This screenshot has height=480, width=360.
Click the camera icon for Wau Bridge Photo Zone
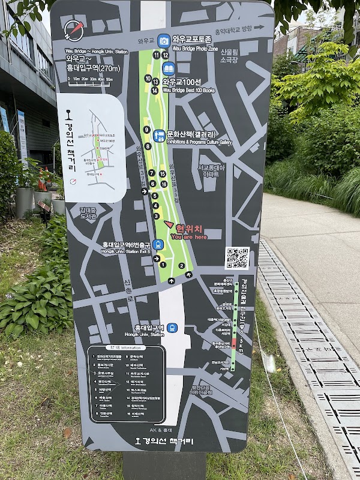[164, 40]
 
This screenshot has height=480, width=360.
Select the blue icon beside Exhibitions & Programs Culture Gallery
[159, 135]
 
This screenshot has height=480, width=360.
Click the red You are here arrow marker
[168, 226]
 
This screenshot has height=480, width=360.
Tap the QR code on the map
[237, 258]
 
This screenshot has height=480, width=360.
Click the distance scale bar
[91, 79]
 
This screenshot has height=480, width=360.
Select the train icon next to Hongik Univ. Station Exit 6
[158, 244]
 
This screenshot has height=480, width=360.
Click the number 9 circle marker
[147, 130]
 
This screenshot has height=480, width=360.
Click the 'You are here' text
[188, 236]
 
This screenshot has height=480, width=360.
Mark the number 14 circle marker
[155, 91]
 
